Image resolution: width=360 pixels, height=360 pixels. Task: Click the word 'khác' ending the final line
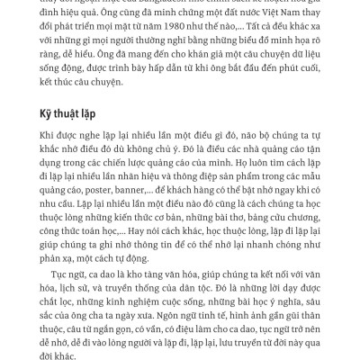(x=81, y=356)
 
